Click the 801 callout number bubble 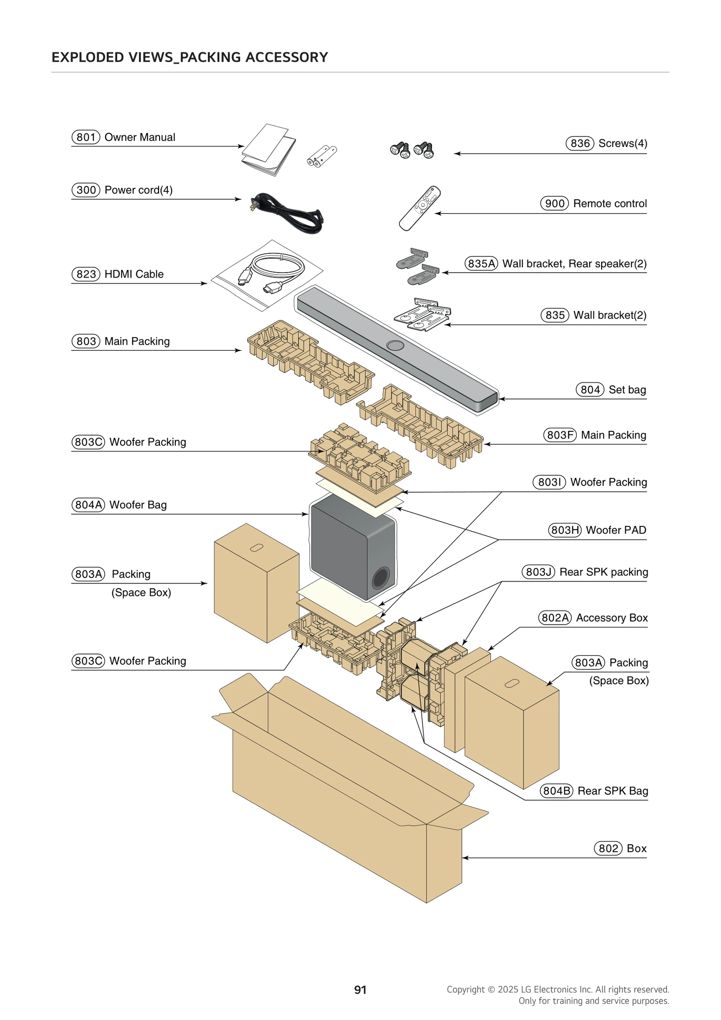tap(86, 137)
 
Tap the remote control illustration tap(420, 208)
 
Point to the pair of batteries tap(322, 156)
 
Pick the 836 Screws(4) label tap(607, 143)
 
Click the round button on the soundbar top tap(395, 345)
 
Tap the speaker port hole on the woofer tap(380, 578)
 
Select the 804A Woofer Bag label tap(119, 505)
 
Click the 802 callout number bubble tap(608, 848)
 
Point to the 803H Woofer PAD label tap(598, 530)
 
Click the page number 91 tap(360, 990)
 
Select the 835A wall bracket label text tap(556, 264)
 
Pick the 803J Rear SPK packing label tap(585, 572)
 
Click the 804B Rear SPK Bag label tap(594, 791)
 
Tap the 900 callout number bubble tap(554, 203)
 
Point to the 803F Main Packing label tap(595, 435)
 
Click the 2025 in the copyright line tap(508, 989)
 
